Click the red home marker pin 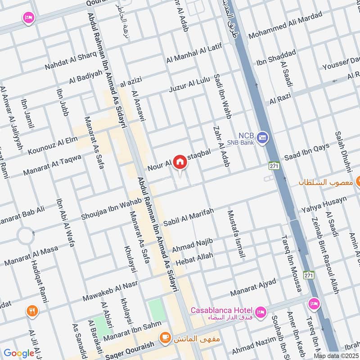(x=180, y=162)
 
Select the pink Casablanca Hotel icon (x=260, y=311)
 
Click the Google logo (x=19, y=353)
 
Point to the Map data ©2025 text (x=337, y=356)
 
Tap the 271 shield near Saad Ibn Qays (x=272, y=165)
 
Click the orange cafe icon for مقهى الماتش (x=165, y=337)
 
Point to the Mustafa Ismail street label (x=236, y=234)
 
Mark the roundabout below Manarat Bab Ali (x=25, y=235)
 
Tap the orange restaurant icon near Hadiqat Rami (x=31, y=310)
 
